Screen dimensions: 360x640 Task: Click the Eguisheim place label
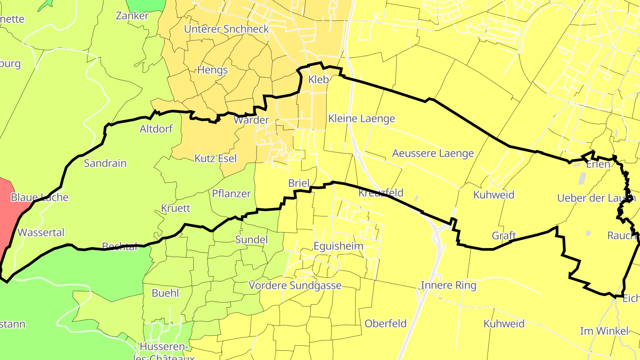[338, 246]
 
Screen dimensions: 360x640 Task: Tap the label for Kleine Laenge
[361, 119]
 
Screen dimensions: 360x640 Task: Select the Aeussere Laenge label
[433, 153]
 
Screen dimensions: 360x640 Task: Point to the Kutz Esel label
[216, 158]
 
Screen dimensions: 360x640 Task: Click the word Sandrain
[105, 163]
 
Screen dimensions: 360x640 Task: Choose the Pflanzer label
[232, 194]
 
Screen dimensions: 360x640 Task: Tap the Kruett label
[176, 208]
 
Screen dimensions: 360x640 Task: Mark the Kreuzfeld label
[381, 192]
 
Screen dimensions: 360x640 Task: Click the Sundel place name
[251, 240]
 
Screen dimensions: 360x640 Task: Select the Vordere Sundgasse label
[295, 285]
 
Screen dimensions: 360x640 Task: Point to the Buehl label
[165, 293]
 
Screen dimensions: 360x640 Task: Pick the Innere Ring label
[448, 285]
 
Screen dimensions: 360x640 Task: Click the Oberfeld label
[385, 324]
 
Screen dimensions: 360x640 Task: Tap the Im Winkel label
[604, 331]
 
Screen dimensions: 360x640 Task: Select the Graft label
[504, 236]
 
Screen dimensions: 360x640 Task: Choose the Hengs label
[212, 70]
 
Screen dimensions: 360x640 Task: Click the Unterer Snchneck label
[227, 29]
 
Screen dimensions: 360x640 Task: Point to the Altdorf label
[156, 129]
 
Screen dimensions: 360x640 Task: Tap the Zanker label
[132, 16]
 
